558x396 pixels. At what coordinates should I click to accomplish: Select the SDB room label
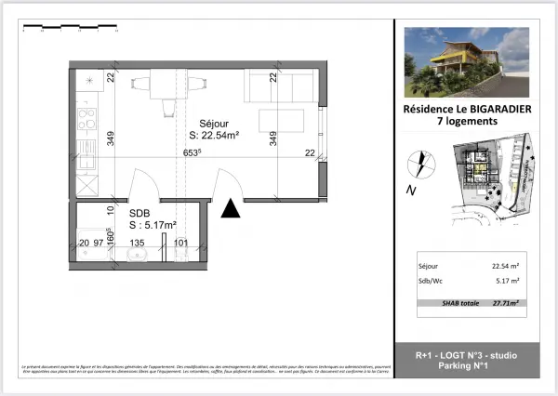point(139,212)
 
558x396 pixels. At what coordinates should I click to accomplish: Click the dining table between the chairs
point(165,88)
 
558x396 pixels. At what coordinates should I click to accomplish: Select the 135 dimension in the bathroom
point(137,244)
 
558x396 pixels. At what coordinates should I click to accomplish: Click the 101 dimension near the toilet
point(181,244)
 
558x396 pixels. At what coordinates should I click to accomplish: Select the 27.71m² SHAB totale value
point(505,303)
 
